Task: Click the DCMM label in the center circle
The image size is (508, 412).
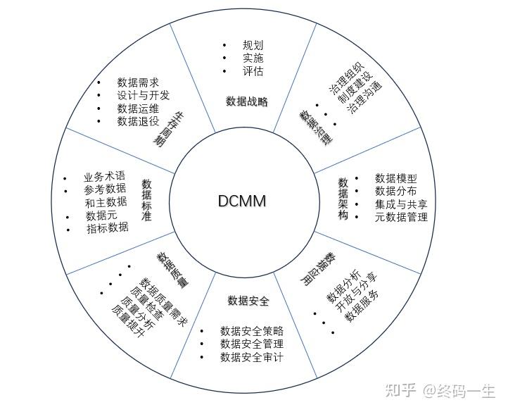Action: tap(241, 201)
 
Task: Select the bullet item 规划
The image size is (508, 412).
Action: tap(253, 45)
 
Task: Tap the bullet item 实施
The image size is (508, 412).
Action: tap(253, 58)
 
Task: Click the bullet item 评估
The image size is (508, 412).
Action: tap(253, 71)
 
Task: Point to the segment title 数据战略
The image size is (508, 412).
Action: tap(247, 101)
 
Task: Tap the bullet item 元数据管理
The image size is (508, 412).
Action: tap(401, 217)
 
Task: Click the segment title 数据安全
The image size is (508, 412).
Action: tap(248, 301)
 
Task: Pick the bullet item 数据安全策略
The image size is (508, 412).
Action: tap(252, 330)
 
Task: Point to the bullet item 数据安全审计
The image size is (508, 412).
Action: tap(252, 357)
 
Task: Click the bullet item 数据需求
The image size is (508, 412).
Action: tap(138, 82)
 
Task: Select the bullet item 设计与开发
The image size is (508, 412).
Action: tap(144, 95)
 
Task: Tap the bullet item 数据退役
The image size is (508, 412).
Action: tap(138, 121)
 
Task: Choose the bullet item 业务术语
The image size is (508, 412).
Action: tap(104, 176)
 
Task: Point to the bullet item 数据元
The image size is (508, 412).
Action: tap(101, 215)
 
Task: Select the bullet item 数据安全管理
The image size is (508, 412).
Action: tap(252, 344)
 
